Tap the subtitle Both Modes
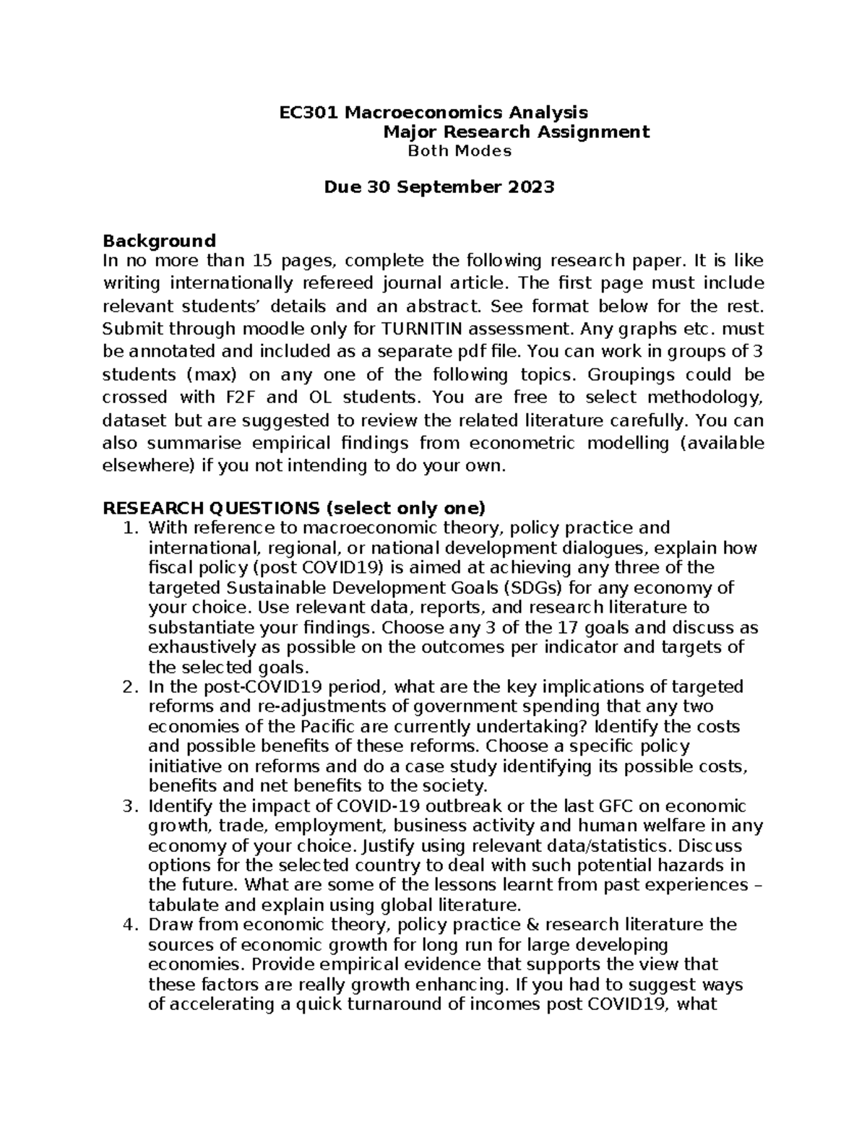(x=460, y=152)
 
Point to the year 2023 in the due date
(x=530, y=188)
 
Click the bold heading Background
(x=160, y=241)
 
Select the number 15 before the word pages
(x=264, y=260)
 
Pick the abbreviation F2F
(x=236, y=397)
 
